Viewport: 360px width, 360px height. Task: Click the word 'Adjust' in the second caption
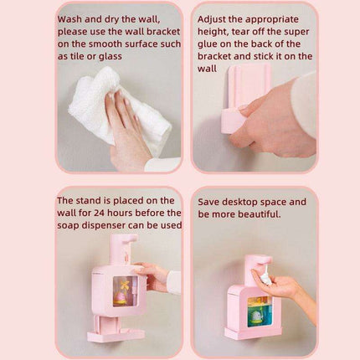215,16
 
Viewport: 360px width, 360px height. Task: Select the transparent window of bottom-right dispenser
256,309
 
